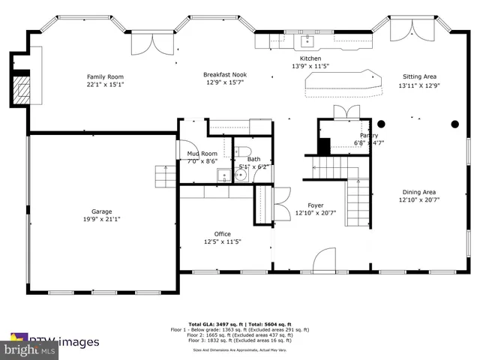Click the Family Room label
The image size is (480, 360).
[x=105, y=77]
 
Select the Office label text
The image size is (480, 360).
[x=222, y=234]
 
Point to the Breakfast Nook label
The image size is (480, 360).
[x=225, y=75]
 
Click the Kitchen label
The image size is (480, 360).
[x=310, y=58]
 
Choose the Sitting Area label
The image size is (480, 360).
[x=419, y=77]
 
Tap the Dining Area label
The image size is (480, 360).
[x=418, y=191]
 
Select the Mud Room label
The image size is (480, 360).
[x=202, y=153]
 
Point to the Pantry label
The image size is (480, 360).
[x=368, y=136]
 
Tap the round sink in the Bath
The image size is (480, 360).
[x=241, y=175]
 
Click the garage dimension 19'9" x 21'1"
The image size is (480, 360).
[x=101, y=220]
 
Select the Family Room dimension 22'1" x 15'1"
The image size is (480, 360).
[x=105, y=85]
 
